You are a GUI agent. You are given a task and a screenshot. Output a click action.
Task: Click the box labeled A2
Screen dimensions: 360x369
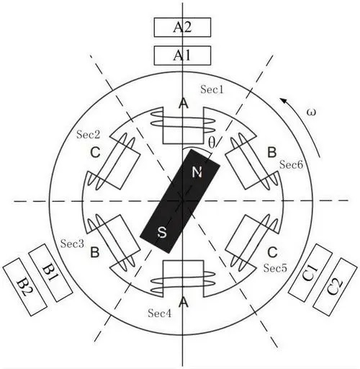182,27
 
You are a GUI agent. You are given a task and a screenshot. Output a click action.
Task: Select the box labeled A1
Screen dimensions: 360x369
182,55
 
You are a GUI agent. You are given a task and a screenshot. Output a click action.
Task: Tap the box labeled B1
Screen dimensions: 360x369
50,273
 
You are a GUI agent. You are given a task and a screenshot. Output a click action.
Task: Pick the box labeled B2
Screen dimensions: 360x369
25,287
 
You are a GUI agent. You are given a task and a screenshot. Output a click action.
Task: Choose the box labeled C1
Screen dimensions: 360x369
310,272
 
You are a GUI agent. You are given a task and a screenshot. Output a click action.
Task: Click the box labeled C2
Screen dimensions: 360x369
335,287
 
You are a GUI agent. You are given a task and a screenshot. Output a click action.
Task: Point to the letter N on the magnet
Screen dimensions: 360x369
197,172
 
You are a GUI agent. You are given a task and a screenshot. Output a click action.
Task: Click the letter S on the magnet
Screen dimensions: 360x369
162,233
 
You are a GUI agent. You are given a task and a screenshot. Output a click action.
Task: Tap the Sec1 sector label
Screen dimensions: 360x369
212,89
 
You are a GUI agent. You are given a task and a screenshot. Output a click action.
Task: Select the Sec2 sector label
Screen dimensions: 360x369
88,135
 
